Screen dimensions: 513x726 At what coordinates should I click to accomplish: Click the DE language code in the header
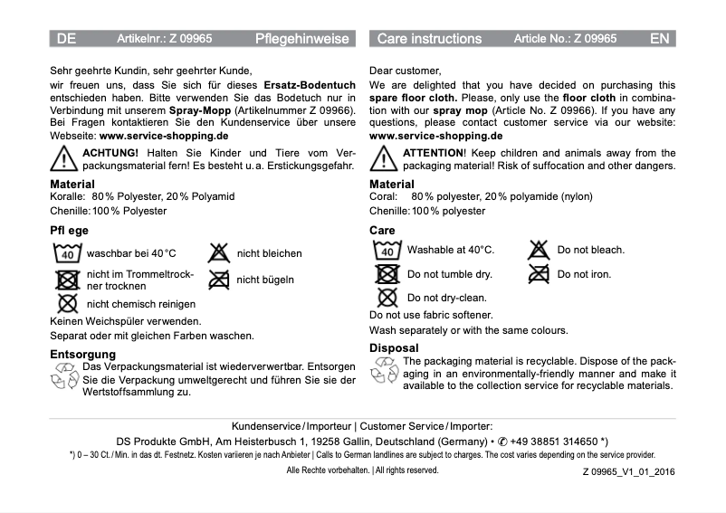click(66, 39)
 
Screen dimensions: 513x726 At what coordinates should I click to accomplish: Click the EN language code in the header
click(659, 39)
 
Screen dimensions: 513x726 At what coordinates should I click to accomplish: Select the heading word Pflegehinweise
click(301, 39)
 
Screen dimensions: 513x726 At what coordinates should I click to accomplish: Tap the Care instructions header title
click(429, 39)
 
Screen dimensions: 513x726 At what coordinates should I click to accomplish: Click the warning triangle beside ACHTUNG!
click(63, 159)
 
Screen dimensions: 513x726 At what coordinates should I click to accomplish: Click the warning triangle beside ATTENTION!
click(384, 159)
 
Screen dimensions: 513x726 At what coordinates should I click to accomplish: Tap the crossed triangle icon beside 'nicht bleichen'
click(219, 252)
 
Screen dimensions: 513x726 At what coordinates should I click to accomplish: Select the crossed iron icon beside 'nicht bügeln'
click(219, 280)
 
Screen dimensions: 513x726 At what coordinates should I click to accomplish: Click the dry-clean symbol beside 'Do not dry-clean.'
click(387, 297)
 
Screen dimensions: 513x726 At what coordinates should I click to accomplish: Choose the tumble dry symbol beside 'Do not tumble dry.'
click(387, 274)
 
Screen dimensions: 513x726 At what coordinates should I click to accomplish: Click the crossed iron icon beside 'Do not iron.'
click(540, 273)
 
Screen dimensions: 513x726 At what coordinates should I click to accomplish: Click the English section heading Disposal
click(394, 348)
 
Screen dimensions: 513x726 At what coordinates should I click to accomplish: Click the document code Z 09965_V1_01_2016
click(628, 471)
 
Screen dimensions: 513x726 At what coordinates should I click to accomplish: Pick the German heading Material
click(72, 184)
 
